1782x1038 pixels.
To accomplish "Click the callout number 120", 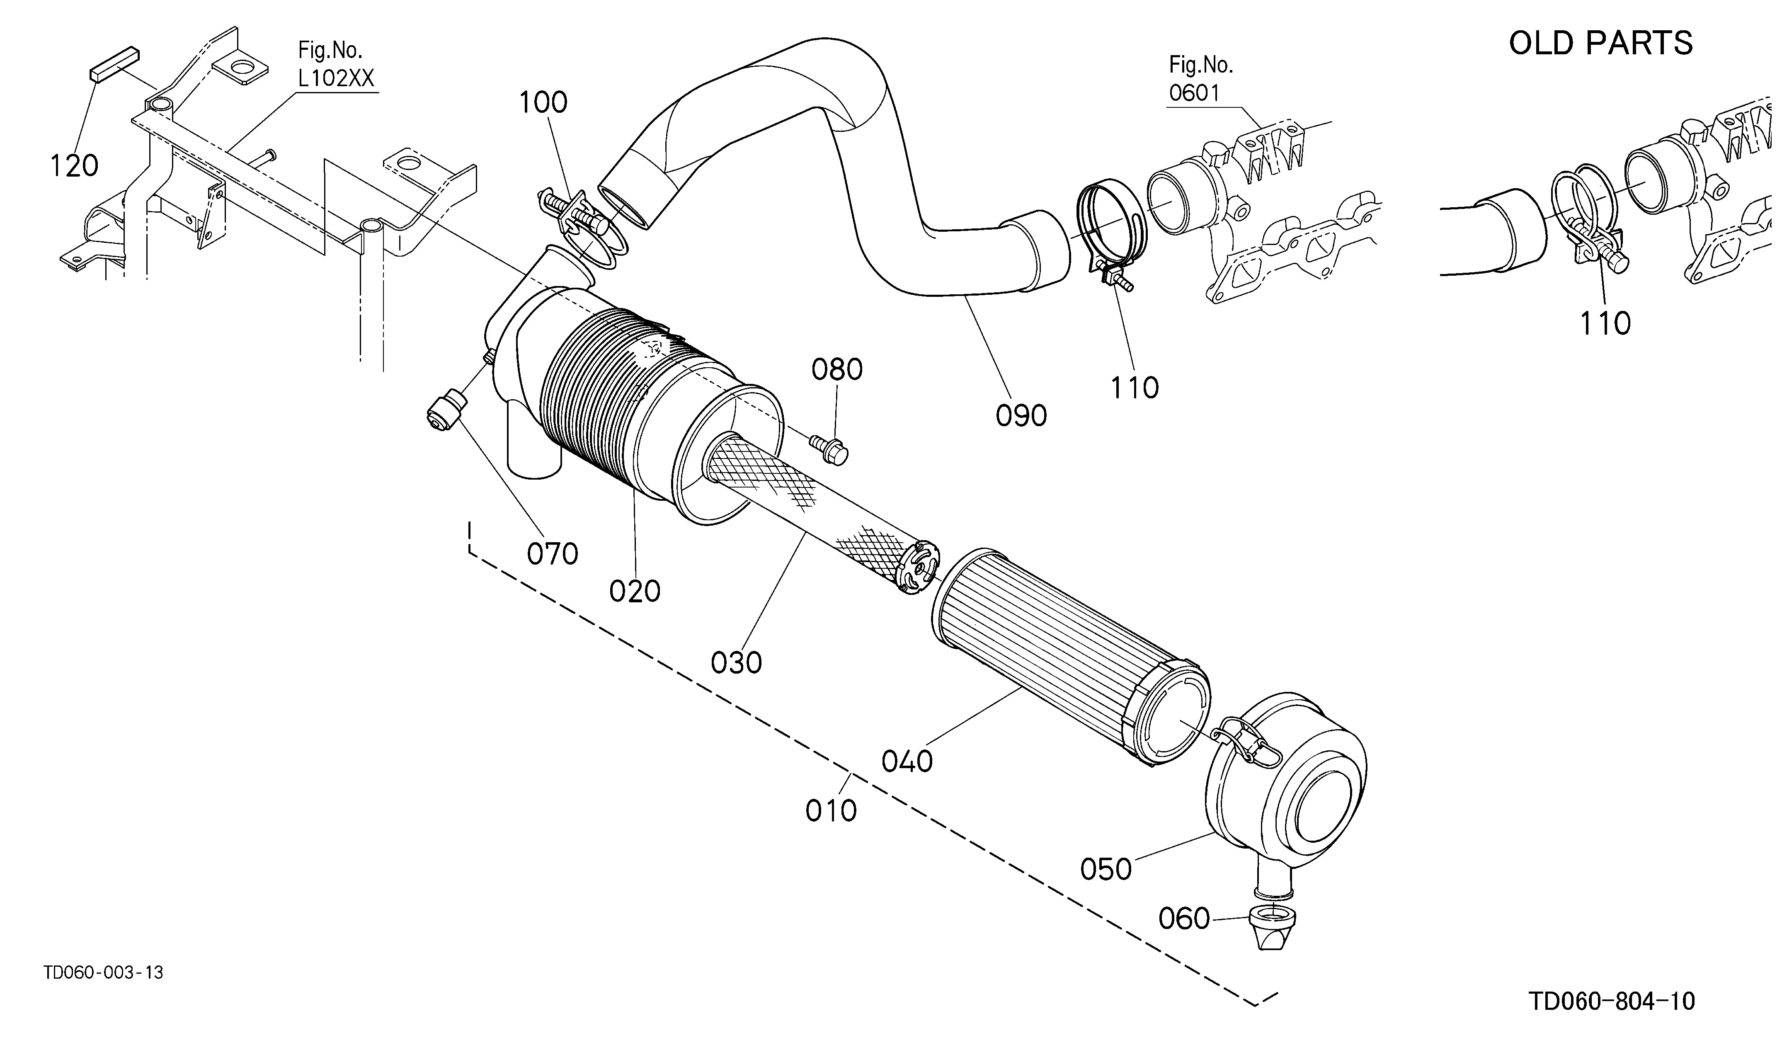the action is pyautogui.click(x=73, y=166).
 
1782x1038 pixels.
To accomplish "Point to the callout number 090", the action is pyautogui.click(x=1021, y=416).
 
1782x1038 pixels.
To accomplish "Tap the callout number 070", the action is pyautogui.click(x=552, y=554).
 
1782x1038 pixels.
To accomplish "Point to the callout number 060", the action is pyautogui.click(x=1184, y=919).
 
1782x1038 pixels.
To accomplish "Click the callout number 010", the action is pyautogui.click(x=831, y=811).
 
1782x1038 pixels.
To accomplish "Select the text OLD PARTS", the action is pyautogui.click(x=1601, y=43).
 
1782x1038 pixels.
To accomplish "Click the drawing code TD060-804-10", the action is pyautogui.click(x=1612, y=1001).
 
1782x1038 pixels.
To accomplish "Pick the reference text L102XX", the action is pyautogui.click(x=336, y=78).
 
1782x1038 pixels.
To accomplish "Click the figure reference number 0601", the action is pyautogui.click(x=1194, y=92).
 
